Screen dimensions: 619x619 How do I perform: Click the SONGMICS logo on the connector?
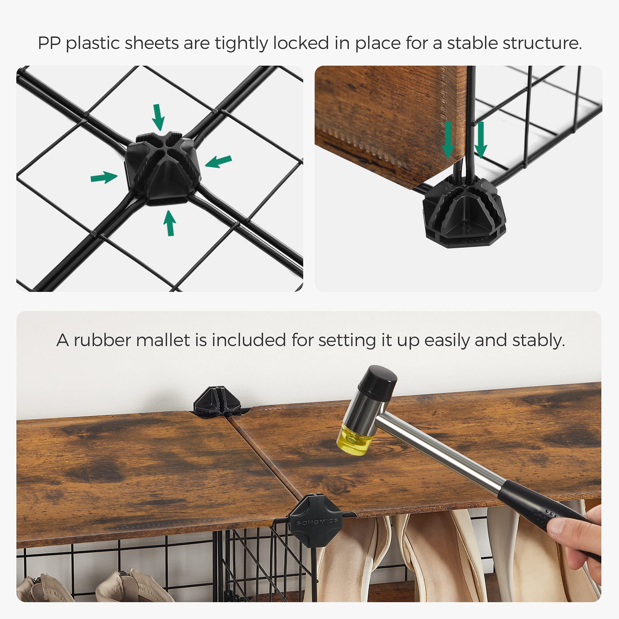[317, 522]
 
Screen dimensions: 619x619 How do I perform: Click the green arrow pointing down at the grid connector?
[158, 118]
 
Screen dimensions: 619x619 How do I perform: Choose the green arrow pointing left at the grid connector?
[218, 162]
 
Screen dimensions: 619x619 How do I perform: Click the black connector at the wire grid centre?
[162, 168]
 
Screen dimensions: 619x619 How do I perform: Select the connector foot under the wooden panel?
[464, 211]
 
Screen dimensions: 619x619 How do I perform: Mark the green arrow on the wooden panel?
[448, 140]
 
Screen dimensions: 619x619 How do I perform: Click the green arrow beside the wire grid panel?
[481, 140]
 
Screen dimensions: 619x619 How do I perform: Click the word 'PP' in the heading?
[49, 43]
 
